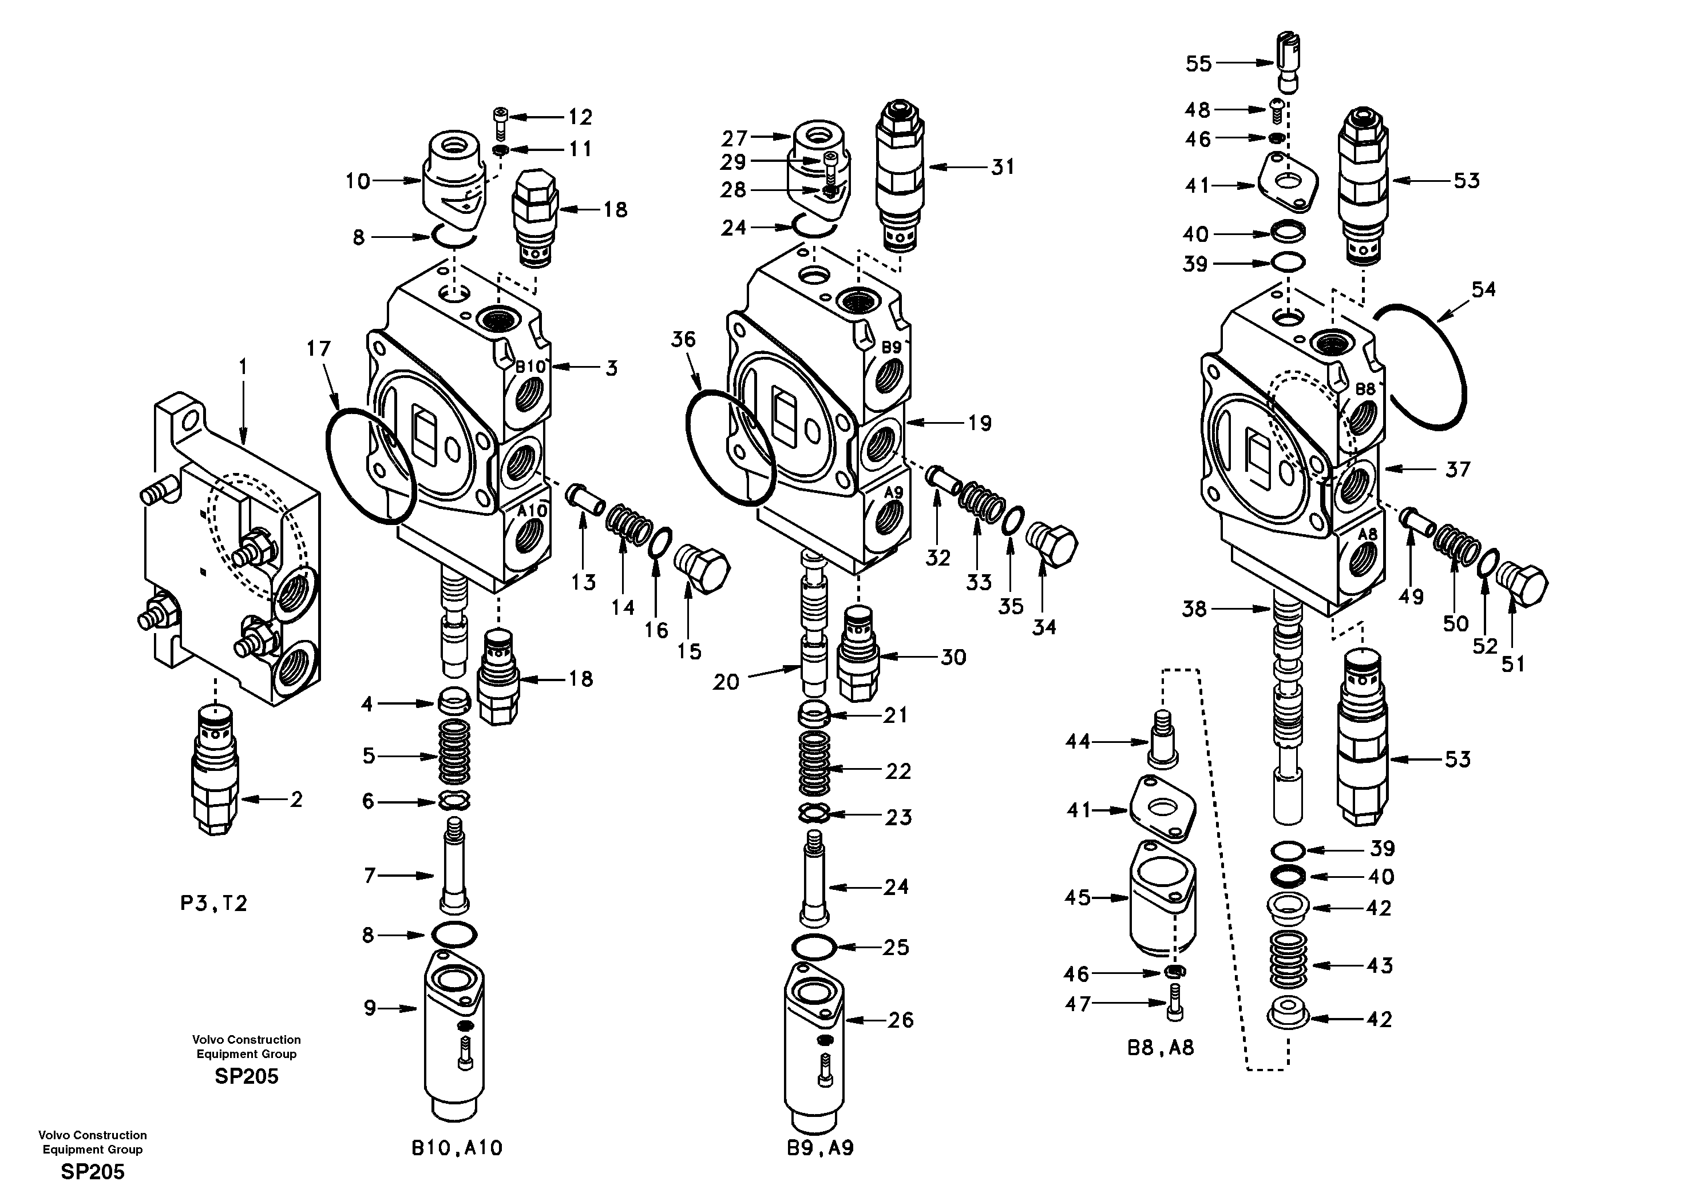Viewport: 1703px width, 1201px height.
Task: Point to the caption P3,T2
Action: pyautogui.click(x=213, y=904)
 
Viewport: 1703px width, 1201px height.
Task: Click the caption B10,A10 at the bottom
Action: pyautogui.click(x=457, y=1148)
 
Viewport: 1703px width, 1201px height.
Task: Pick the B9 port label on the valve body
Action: pyautogui.click(x=892, y=347)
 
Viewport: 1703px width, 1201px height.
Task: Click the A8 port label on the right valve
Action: pyautogui.click(x=1367, y=534)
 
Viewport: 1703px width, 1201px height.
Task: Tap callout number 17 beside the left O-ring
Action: pyautogui.click(x=318, y=348)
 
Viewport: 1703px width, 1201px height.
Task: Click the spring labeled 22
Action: pyautogui.click(x=814, y=770)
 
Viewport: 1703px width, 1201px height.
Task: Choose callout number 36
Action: pyautogui.click(x=683, y=340)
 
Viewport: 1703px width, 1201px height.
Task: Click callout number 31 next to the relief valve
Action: pyautogui.click(x=1003, y=168)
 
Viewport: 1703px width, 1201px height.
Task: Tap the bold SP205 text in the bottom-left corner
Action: pyautogui.click(x=93, y=1172)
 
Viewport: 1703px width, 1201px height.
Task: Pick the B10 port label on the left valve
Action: pyautogui.click(x=530, y=366)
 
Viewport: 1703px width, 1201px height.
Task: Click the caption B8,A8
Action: pyautogui.click(x=1161, y=1048)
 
